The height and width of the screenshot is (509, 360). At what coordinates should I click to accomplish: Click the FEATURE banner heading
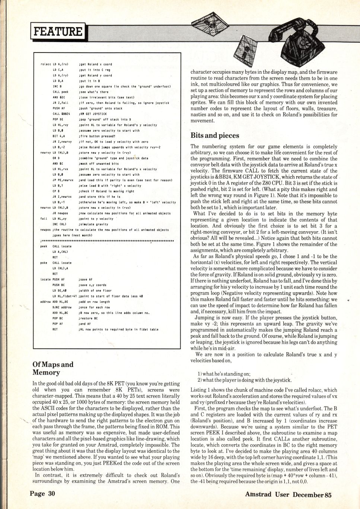click(x=58, y=31)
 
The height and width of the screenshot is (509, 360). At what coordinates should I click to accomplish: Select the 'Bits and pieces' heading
click(x=215, y=136)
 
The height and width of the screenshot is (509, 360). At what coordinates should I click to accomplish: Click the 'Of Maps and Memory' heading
click(x=53, y=368)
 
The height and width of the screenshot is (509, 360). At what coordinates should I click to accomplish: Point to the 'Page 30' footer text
click(x=42, y=494)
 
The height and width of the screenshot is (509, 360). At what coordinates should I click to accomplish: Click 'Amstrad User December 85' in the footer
click(x=288, y=494)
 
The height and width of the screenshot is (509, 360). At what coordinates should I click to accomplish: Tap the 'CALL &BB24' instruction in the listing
click(x=61, y=114)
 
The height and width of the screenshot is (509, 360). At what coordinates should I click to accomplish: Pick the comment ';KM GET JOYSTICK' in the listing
click(x=93, y=114)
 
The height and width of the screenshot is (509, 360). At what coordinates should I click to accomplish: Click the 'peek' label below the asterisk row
click(x=44, y=246)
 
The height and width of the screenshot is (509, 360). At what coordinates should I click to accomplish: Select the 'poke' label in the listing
click(x=44, y=263)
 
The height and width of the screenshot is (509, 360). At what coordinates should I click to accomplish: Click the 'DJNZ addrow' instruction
click(x=62, y=307)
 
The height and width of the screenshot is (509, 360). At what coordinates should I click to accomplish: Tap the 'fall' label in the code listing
click(x=44, y=219)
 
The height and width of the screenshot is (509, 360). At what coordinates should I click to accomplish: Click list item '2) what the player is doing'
click(x=245, y=380)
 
